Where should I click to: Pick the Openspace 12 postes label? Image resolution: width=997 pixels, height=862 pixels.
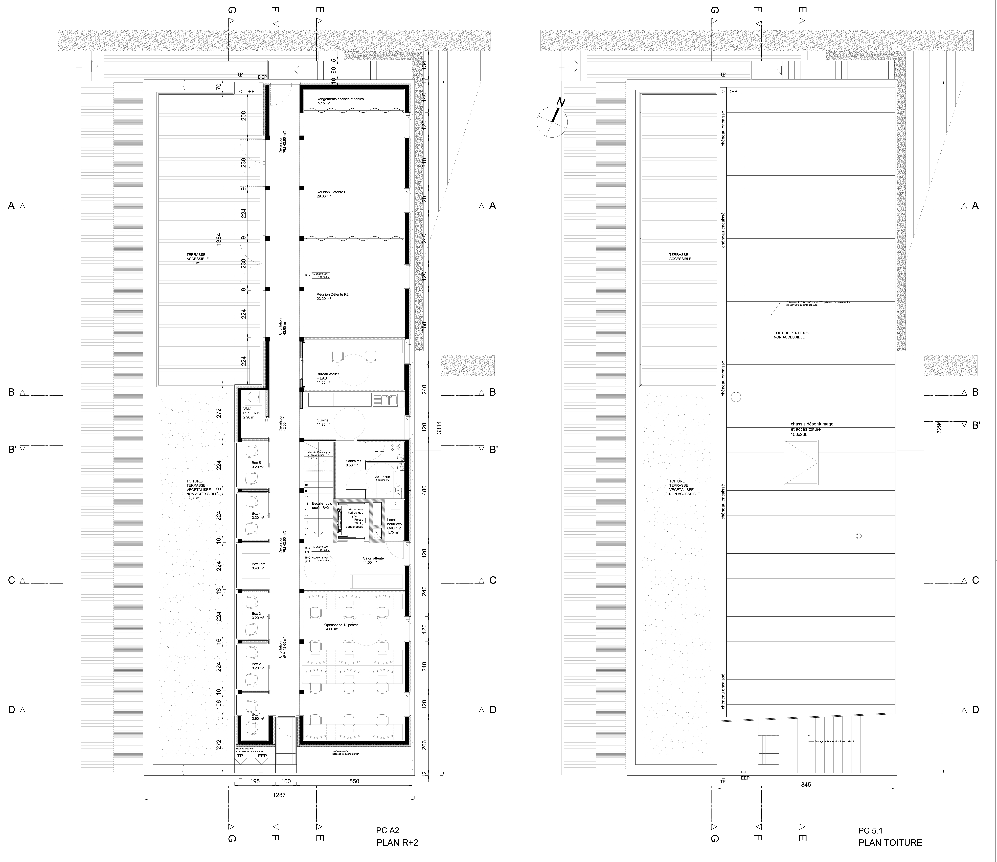[341, 627]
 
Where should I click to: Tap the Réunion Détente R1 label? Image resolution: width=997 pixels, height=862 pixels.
[332, 194]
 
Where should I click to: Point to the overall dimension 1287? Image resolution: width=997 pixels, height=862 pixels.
[279, 795]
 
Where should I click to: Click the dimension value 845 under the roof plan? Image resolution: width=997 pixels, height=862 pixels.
[806, 785]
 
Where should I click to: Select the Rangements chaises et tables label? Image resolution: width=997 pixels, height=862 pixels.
[340, 101]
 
